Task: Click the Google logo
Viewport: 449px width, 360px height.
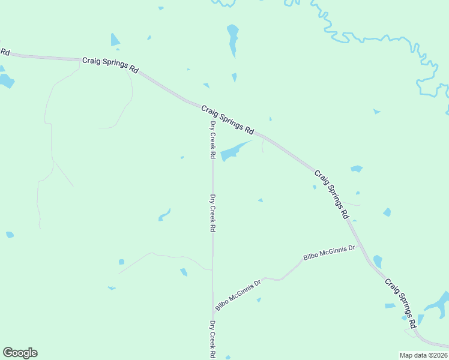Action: coord(20,353)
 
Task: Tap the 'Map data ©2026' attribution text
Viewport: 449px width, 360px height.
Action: coord(423,355)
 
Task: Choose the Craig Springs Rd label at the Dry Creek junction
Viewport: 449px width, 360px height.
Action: coord(228,119)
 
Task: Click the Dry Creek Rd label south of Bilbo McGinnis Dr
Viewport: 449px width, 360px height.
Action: coord(212,339)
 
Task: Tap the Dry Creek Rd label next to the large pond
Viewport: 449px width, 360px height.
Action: coord(212,139)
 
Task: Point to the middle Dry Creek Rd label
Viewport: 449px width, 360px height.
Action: coord(212,213)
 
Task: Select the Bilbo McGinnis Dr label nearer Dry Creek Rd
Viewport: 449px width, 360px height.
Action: coord(238,295)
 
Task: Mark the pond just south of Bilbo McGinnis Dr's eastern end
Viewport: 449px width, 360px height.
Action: coord(378,262)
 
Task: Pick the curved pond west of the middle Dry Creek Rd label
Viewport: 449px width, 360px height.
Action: coord(164,215)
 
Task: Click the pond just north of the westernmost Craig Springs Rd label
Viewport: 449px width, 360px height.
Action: coord(115,40)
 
